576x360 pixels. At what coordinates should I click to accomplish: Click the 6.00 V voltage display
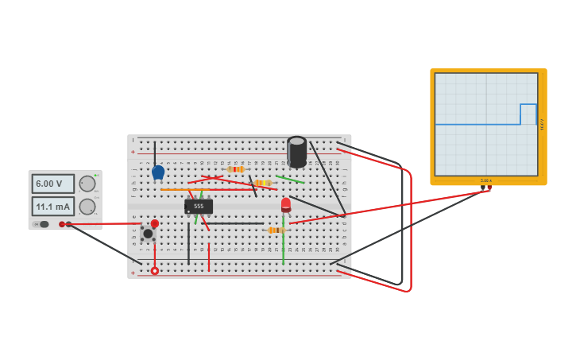[x=52, y=184]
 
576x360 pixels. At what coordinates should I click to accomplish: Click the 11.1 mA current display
[x=52, y=207]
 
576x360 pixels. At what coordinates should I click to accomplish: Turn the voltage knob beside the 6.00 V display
[x=87, y=184]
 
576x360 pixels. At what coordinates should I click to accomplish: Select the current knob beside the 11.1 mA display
[x=87, y=207]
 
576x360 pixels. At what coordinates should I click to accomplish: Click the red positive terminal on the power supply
[x=62, y=224]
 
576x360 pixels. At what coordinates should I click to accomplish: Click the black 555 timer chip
[x=199, y=207]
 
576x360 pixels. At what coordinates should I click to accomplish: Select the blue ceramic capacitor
[x=158, y=172]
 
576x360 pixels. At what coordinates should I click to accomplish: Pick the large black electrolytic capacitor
[x=296, y=152]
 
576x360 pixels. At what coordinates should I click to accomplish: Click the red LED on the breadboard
[x=286, y=204]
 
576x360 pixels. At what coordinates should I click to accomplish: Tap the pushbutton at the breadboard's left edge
[x=148, y=234]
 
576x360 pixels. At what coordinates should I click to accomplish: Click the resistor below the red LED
[x=276, y=230]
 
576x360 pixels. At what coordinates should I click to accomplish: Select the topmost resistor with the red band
[x=235, y=169]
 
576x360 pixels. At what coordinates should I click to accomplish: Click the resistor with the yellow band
[x=262, y=183]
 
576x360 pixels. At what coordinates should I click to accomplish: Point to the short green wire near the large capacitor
[x=290, y=180]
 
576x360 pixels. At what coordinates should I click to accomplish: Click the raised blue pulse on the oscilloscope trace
[x=528, y=105]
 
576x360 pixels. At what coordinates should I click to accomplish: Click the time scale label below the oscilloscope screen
[x=486, y=180]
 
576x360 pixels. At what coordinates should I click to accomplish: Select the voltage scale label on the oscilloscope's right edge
[x=542, y=124]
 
